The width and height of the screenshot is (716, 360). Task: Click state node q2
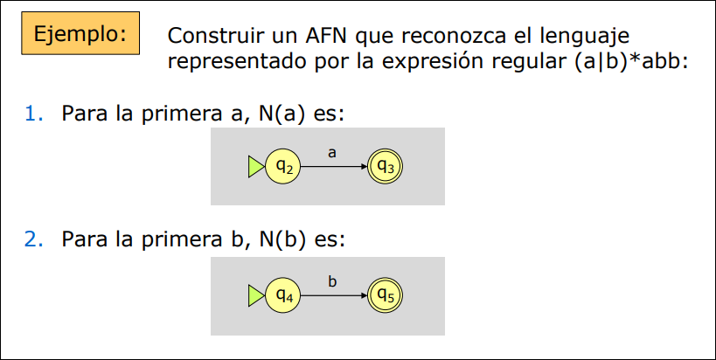pyautogui.click(x=282, y=165)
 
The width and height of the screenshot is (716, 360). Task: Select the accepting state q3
pyautogui.click(x=386, y=165)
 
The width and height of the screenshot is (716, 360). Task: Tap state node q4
pyautogui.click(x=282, y=295)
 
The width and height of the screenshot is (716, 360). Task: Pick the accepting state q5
pyautogui.click(x=386, y=295)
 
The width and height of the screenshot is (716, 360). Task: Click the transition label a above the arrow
pyautogui.click(x=332, y=152)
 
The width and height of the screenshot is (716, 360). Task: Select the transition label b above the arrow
pyautogui.click(x=332, y=281)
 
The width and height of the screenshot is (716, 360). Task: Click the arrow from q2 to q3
pyautogui.click(x=332, y=166)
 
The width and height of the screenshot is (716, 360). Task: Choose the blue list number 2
pyautogui.click(x=33, y=239)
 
